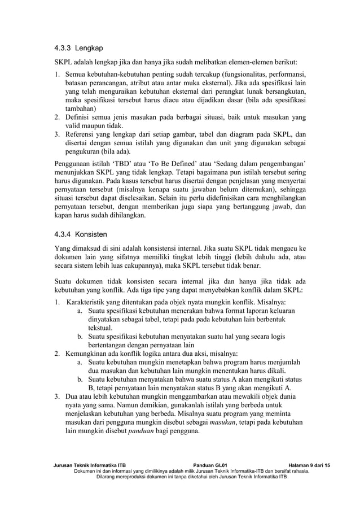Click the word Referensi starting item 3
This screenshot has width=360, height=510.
coord(82,134)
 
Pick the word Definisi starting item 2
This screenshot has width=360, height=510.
coord(79,117)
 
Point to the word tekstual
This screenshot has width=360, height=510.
coord(103,328)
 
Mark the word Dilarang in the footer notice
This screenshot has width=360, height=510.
coord(111,476)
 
